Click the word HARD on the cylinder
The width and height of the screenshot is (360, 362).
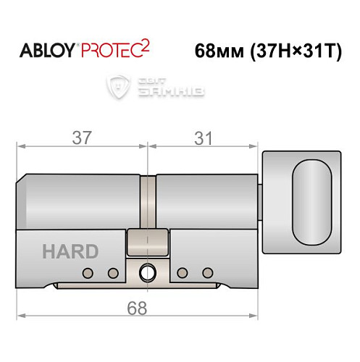point(70,251)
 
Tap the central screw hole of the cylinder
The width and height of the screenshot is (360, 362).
point(148,273)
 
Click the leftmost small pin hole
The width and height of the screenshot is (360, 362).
point(88,273)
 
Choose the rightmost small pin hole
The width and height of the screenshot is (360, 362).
point(209,273)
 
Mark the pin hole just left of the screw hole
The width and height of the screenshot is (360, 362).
point(112,273)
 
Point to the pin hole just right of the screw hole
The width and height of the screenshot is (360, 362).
point(184,273)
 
